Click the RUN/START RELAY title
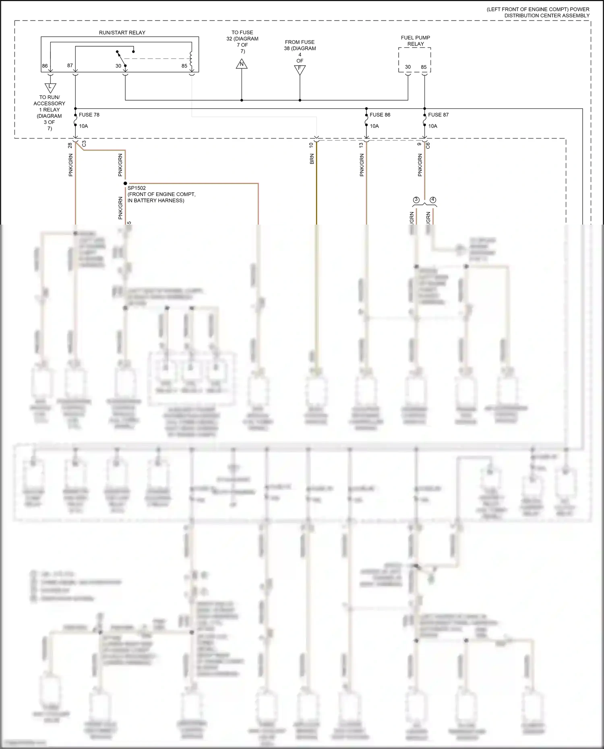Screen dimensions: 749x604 coord(122,33)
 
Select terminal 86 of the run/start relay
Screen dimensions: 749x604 coord(45,66)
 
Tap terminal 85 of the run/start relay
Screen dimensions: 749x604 coord(184,66)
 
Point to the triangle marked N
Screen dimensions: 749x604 coord(242,64)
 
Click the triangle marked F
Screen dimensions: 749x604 coord(300,69)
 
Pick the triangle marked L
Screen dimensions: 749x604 coord(50,87)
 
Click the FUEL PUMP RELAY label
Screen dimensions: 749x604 coord(415,41)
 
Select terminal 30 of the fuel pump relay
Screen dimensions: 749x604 coord(408,67)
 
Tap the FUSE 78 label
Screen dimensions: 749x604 coord(89,115)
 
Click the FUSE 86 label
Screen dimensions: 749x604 coord(380,115)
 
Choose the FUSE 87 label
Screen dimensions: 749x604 coord(438,115)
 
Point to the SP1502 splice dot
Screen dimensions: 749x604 coord(125,184)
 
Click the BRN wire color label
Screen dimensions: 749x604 coord(312,159)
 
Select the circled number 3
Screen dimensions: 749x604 coord(416,200)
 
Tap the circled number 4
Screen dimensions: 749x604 coord(433,200)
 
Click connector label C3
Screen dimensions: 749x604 coord(84,144)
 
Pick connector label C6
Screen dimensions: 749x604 coord(428,145)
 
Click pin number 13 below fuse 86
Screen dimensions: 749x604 coord(361,145)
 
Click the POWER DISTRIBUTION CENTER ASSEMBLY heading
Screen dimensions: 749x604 coord(538,12)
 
